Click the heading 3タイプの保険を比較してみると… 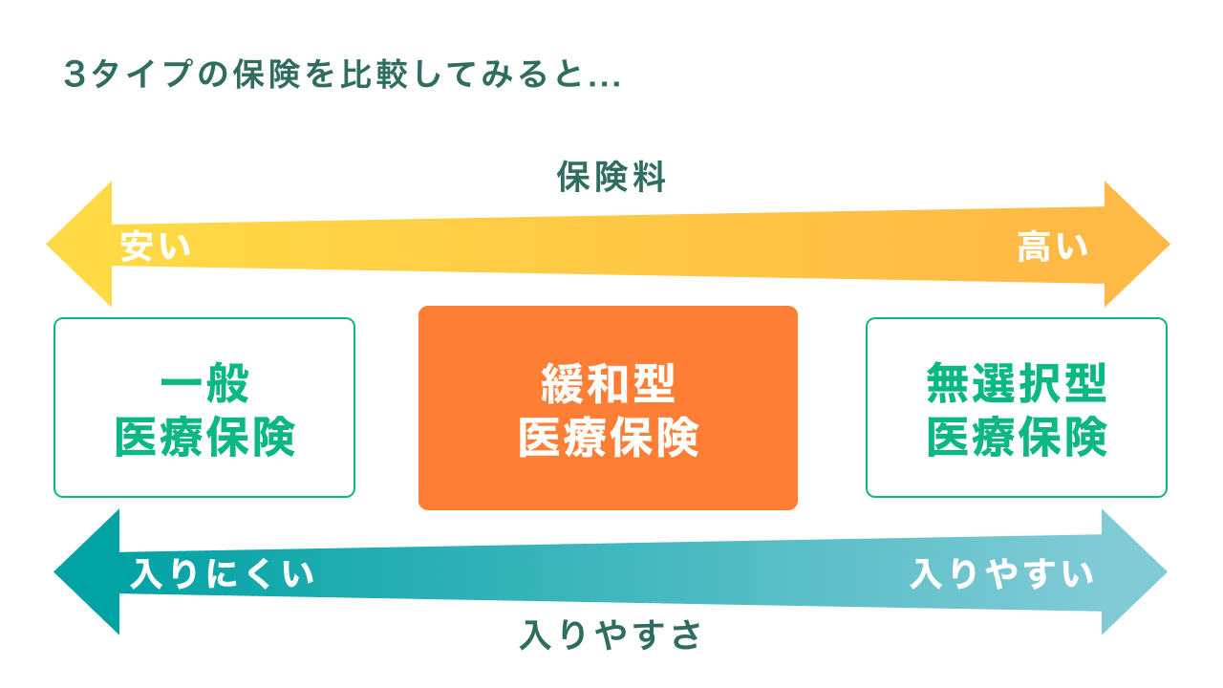click(342, 75)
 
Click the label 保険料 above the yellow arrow click(611, 178)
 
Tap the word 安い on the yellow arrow click(156, 247)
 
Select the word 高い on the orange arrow click(1053, 247)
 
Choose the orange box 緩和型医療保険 click(608, 408)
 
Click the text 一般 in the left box click(204, 384)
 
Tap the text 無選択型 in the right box click(1016, 384)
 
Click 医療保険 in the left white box click(204, 438)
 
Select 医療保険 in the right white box click(1016, 438)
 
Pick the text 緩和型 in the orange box click(608, 384)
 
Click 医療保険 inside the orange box click(608, 438)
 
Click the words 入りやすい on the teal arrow click(1001, 574)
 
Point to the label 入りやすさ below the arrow click(611, 634)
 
